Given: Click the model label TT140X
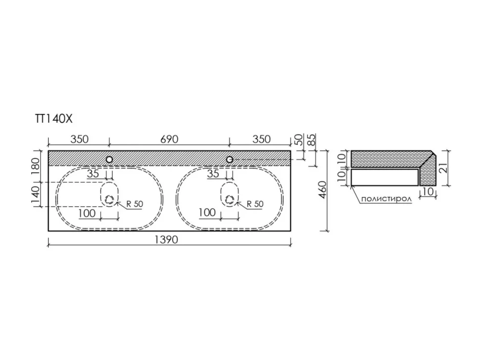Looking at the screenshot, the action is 54,119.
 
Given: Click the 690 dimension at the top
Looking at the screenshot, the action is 169,139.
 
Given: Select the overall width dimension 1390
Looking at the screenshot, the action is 166,239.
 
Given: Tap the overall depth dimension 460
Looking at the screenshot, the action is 323,189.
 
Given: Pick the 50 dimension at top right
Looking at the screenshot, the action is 299,139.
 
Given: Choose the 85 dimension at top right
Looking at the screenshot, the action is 311,139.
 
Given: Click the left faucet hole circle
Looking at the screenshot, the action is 109,159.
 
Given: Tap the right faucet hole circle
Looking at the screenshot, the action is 230,159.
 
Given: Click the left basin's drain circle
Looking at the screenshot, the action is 109,200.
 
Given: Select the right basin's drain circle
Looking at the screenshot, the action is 230,200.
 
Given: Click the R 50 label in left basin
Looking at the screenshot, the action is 135,204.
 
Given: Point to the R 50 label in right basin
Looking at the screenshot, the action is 255,204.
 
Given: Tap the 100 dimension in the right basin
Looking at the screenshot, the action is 207,212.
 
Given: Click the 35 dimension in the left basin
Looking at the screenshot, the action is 93,174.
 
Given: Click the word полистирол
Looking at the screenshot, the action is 386,199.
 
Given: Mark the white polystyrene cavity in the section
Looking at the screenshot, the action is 385,177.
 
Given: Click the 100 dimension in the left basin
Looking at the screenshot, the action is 87,213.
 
